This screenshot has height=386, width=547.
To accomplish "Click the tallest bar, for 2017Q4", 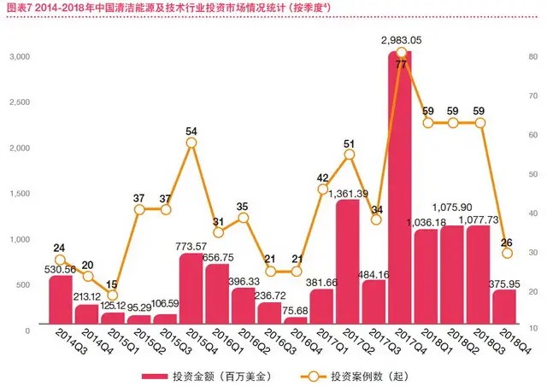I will tap(400, 188).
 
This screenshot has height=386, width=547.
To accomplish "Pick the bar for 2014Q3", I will tap(60, 300).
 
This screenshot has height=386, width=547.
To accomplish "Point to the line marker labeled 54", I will tap(191, 143).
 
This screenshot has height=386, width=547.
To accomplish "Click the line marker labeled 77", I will tap(400, 53).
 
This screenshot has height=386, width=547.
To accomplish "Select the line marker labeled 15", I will tap(86, 295).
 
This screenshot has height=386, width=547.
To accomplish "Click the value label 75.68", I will tap(295, 310).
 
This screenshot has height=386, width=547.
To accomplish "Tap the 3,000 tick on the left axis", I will tap(21, 56).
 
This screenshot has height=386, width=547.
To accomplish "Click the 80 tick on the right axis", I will tap(532, 56).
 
